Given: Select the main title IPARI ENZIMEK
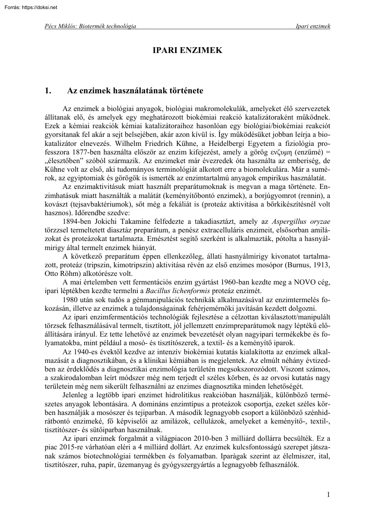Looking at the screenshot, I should tap(187, 50).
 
